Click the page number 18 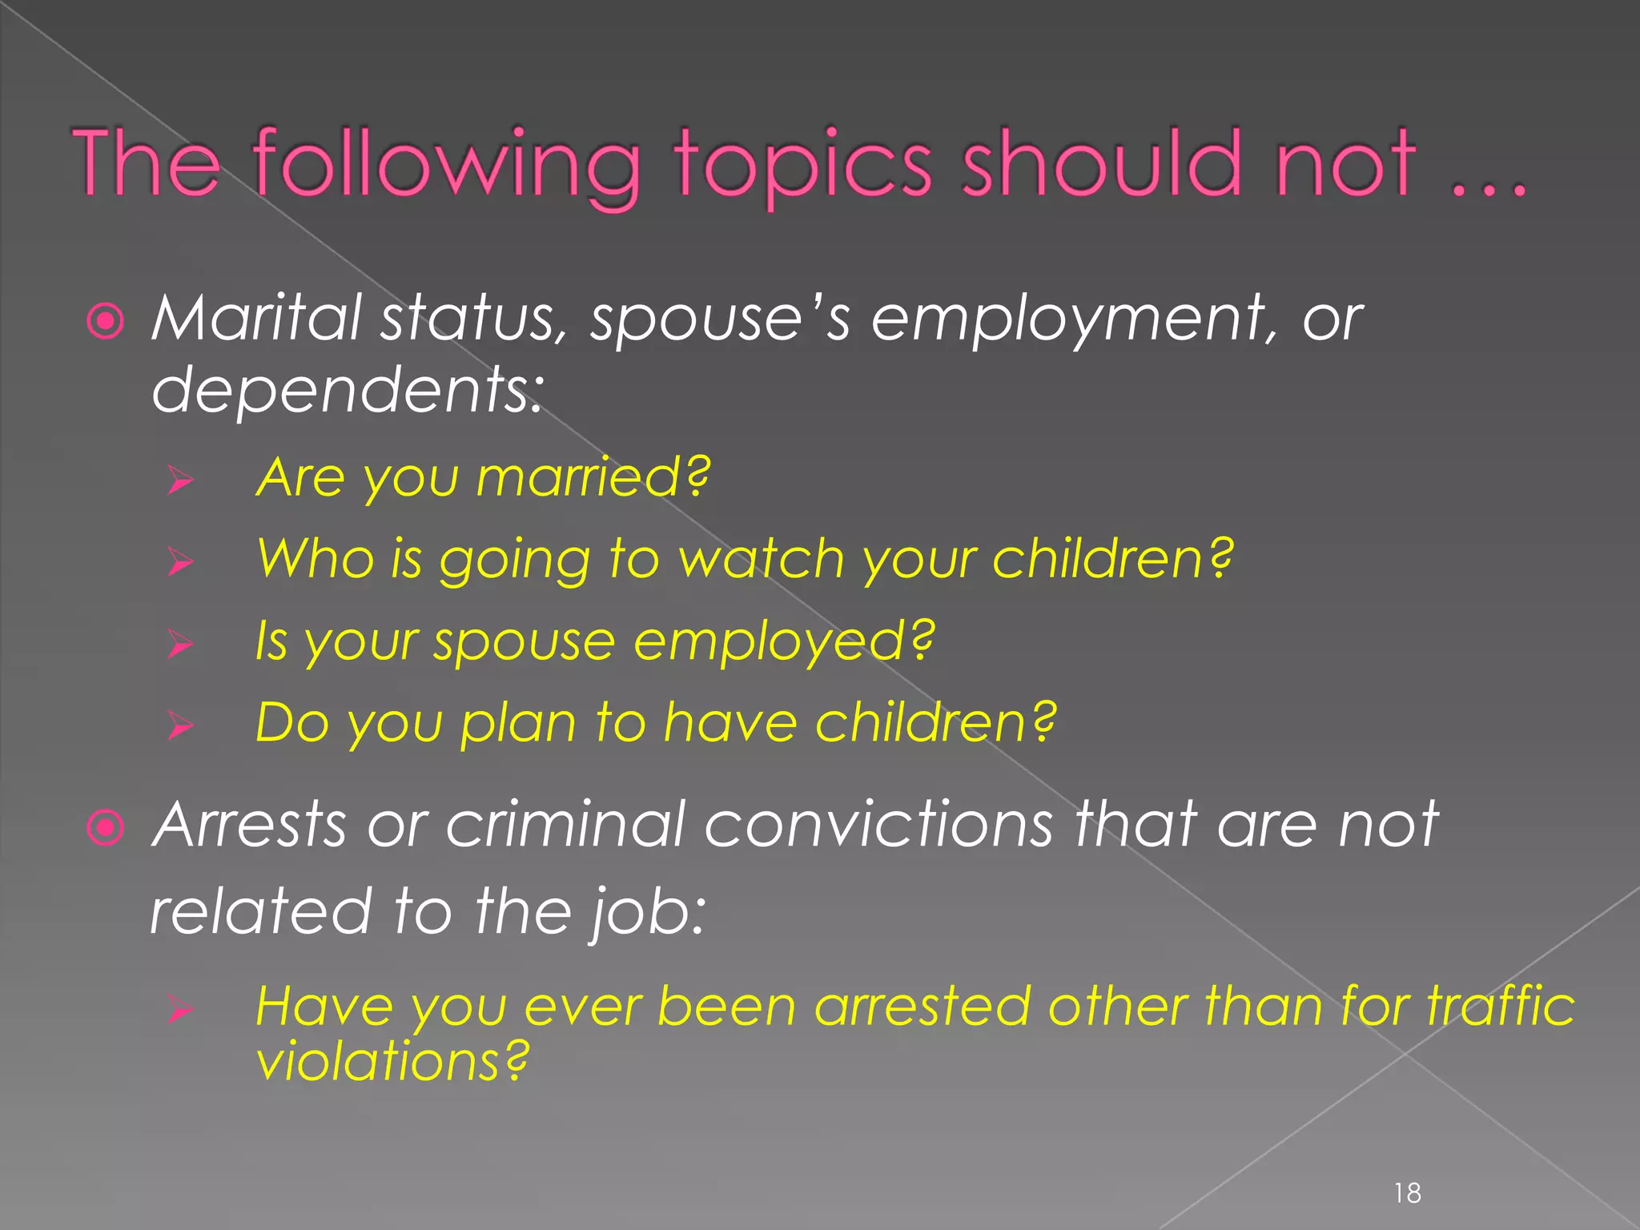1407,1193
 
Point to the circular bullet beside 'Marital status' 106,322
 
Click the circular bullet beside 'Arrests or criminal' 106,828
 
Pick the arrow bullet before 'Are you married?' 181,480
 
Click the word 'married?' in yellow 593,477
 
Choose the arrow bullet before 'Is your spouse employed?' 181,644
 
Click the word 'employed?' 784,642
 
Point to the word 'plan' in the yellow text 517,724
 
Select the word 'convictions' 878,825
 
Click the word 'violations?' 392,1062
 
